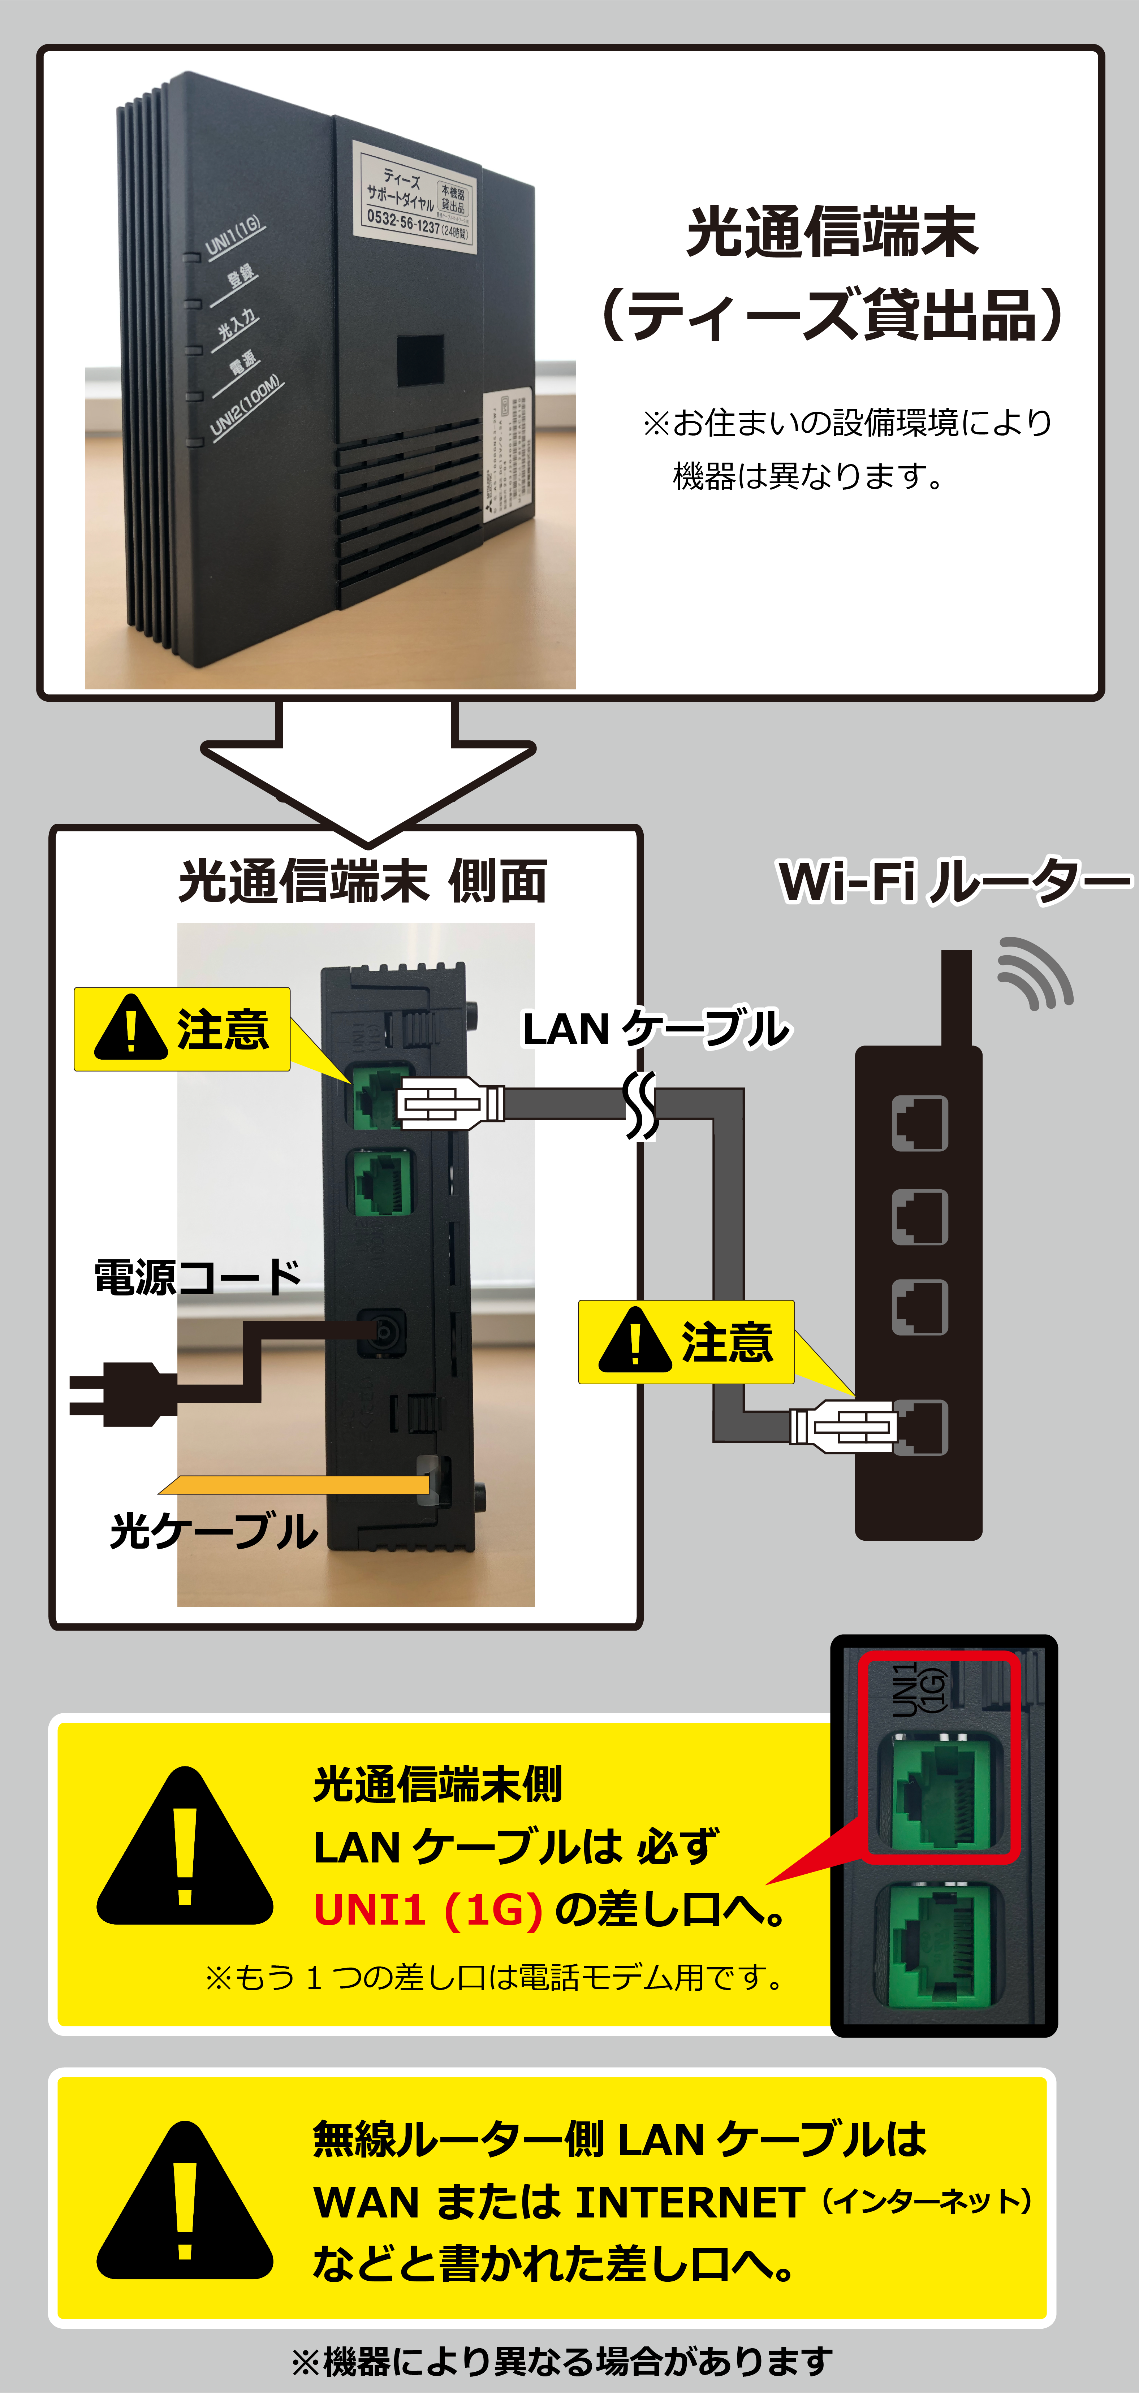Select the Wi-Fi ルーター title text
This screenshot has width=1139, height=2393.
(954, 882)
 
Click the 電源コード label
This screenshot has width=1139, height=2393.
(198, 1277)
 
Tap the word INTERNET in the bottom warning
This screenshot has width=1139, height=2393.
(690, 2202)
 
